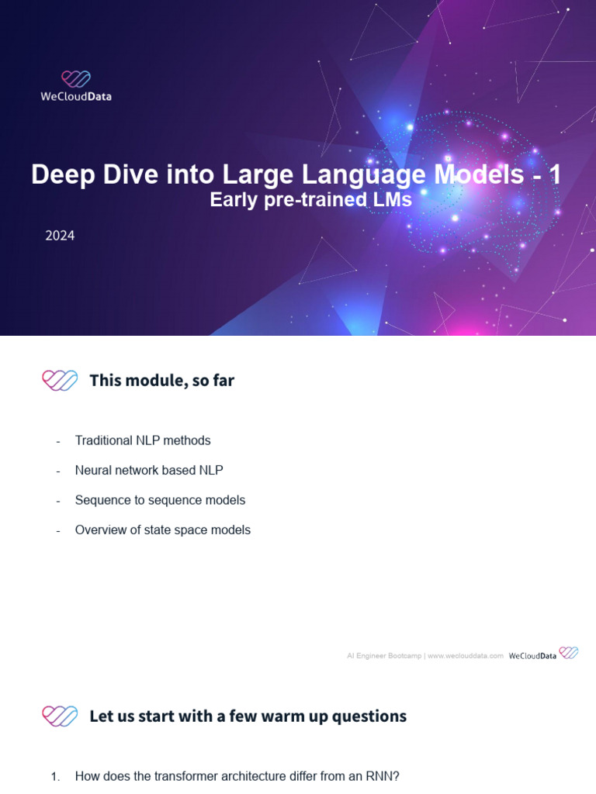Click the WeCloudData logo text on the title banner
click(x=76, y=97)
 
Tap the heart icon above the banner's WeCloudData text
click(x=76, y=79)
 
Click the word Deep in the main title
click(x=61, y=174)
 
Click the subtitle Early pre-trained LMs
click(x=310, y=200)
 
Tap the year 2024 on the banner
click(x=60, y=236)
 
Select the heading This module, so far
click(x=161, y=380)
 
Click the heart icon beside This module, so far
click(x=60, y=380)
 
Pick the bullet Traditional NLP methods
click(x=143, y=440)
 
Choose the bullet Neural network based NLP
click(x=149, y=470)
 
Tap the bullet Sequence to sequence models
click(x=160, y=500)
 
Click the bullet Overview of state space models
click(x=163, y=530)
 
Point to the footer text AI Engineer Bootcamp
click(x=383, y=656)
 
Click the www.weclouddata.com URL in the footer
click(x=466, y=656)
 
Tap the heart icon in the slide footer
click(x=569, y=654)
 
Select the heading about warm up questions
click(x=248, y=716)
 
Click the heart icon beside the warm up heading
click(x=60, y=716)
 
